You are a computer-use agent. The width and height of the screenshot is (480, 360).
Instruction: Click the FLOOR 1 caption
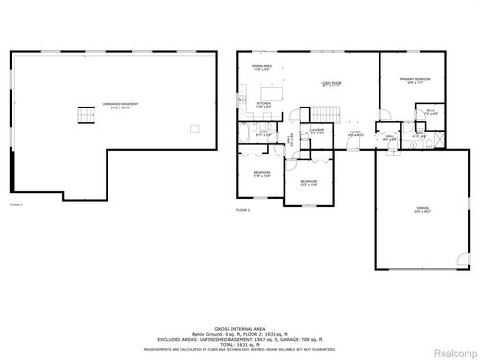point(16,204)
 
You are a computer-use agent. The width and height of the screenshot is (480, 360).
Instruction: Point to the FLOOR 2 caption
point(243,209)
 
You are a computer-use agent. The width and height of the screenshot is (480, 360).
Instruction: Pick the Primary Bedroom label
point(415,81)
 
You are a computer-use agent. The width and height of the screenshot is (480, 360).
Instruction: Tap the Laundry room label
point(317,132)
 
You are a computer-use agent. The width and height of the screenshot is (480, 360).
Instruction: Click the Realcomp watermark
point(454,351)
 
